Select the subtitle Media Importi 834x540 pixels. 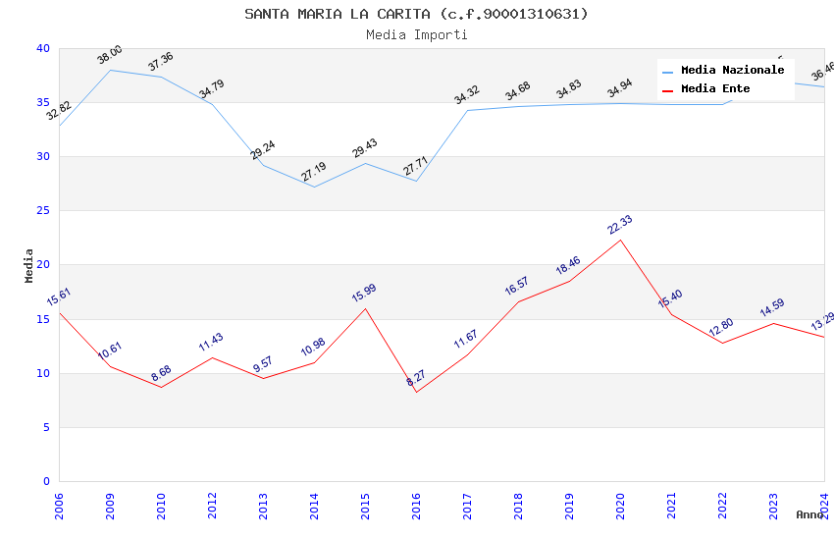pyautogui.click(x=416, y=34)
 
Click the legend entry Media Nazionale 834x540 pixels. pyautogui.click(x=732, y=71)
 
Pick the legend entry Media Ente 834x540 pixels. pyautogui.click(x=715, y=89)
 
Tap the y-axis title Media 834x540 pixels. pyautogui.click(x=29, y=265)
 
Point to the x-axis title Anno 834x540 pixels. pyautogui.click(x=809, y=514)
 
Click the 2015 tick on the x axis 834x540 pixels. pyautogui.click(x=365, y=507)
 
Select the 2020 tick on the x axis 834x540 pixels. pyautogui.click(x=620, y=507)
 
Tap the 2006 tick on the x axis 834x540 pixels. pyautogui.click(x=59, y=507)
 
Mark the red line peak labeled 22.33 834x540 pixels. pyautogui.click(x=620, y=240)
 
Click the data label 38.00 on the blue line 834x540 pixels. pyautogui.click(x=110, y=55)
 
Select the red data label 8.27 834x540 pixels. pyautogui.click(x=416, y=378)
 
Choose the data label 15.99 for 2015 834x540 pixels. pyautogui.click(x=364, y=293)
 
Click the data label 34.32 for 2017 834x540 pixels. pyautogui.click(x=466, y=95)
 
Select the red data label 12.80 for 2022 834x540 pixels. pyautogui.click(x=721, y=328)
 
